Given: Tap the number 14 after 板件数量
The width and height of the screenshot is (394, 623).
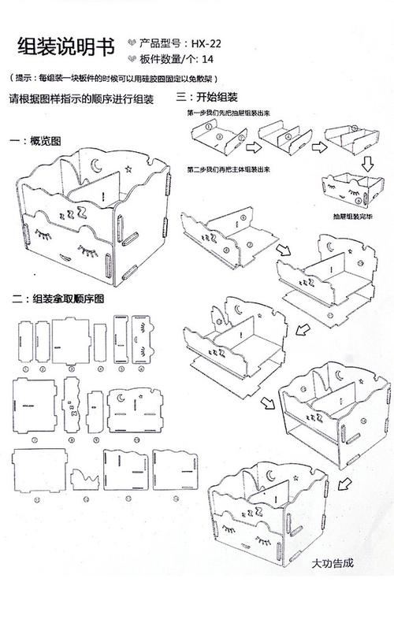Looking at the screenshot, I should click(207, 58).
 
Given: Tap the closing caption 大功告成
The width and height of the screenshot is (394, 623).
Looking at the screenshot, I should click(333, 564).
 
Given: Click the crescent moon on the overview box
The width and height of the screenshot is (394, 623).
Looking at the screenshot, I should click(98, 166).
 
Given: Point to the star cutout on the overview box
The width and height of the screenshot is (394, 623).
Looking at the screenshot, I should click(128, 168).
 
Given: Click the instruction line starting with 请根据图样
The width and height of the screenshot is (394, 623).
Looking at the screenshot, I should click(80, 100).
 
